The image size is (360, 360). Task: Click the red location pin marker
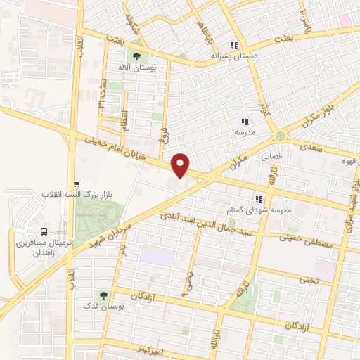coord(181,165)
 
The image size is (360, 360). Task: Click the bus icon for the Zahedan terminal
coord(44,230)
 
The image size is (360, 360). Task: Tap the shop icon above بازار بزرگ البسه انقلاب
coord(77,182)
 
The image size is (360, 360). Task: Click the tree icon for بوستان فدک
coord(104,296)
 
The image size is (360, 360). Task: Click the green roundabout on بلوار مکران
coord(281,135)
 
